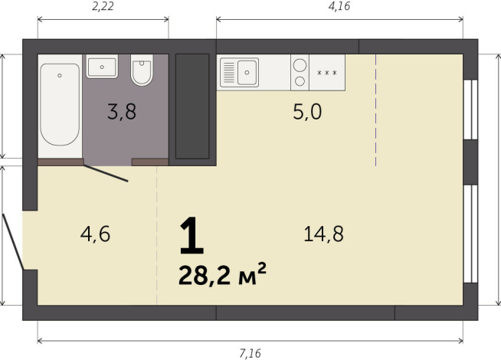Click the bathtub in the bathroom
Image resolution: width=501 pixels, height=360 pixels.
click(60, 104)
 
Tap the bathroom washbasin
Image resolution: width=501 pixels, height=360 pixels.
click(102, 67)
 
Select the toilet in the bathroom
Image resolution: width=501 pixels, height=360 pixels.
click(142, 70)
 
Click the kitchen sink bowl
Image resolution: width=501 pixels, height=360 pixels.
click(247, 73)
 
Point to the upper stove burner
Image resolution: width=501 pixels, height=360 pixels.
click(300, 65)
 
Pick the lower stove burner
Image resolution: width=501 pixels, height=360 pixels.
click(300, 81)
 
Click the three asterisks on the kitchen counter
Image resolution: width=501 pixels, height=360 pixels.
click(327, 73)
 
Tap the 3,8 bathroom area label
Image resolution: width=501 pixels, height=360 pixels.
click(122, 112)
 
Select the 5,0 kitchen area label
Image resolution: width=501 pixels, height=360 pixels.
click(307, 112)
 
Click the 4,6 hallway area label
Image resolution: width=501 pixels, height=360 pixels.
click(95, 234)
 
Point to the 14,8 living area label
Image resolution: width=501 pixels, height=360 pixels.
click(323, 234)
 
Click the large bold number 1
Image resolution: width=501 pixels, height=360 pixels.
click(192, 236)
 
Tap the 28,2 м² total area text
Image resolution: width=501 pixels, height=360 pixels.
click(222, 275)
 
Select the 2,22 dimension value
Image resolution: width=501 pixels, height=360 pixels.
click(103, 6)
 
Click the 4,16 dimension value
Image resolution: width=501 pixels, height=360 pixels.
click(339, 6)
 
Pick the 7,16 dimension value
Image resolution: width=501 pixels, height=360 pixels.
click(250, 353)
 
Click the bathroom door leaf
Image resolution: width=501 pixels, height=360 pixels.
click(106, 173)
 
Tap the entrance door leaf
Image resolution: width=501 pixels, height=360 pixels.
click(13, 242)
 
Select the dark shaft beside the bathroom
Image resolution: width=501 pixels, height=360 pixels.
click(192, 106)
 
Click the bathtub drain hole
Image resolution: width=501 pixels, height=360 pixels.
click(60, 75)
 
